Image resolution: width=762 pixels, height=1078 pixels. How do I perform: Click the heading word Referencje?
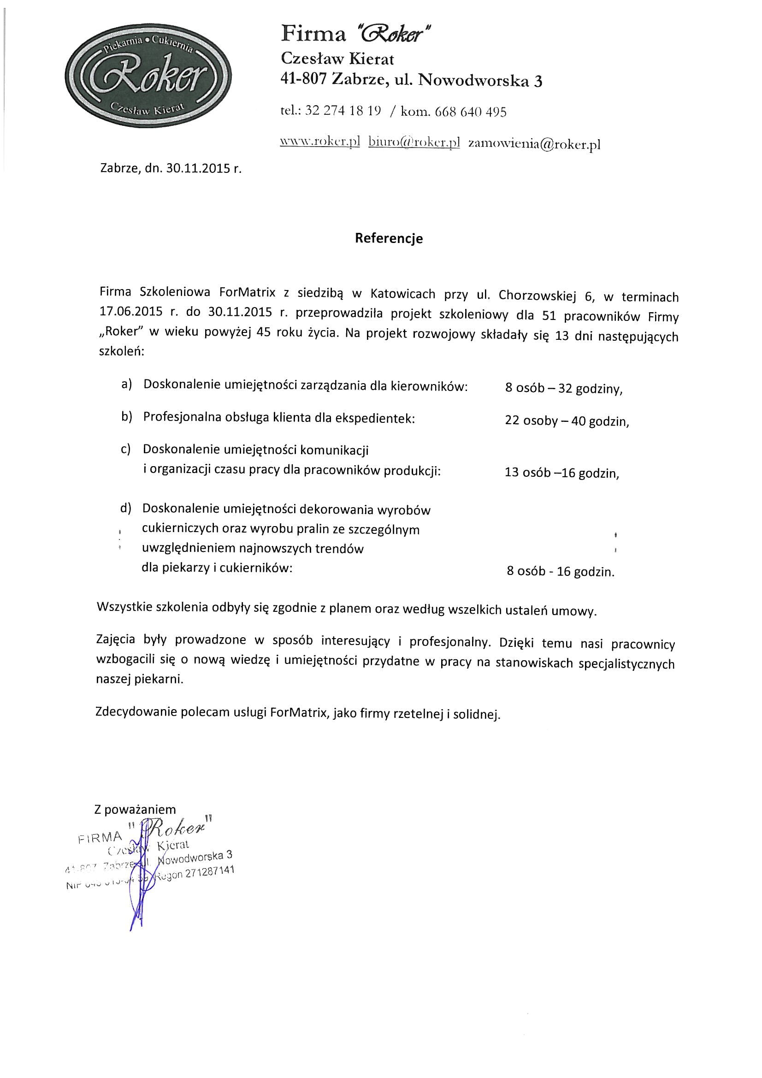pyautogui.click(x=389, y=238)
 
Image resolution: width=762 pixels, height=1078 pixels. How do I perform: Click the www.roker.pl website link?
pyautogui.click(x=320, y=142)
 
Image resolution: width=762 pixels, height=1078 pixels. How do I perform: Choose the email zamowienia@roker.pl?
pyautogui.click(x=535, y=144)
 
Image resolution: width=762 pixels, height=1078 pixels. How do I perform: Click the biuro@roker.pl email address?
pyautogui.click(x=413, y=143)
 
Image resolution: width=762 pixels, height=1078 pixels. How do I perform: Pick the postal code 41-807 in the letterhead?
pyautogui.click(x=303, y=80)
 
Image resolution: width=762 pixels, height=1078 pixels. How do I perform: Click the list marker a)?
pyautogui.click(x=127, y=385)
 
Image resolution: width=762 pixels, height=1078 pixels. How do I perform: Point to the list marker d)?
pyautogui.click(x=125, y=508)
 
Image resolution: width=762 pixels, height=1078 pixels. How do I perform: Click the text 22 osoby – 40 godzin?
pyautogui.click(x=567, y=421)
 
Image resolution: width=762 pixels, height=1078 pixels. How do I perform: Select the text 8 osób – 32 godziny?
pyautogui.click(x=563, y=389)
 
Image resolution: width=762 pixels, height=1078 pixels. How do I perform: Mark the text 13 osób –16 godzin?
pyautogui.click(x=561, y=473)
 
